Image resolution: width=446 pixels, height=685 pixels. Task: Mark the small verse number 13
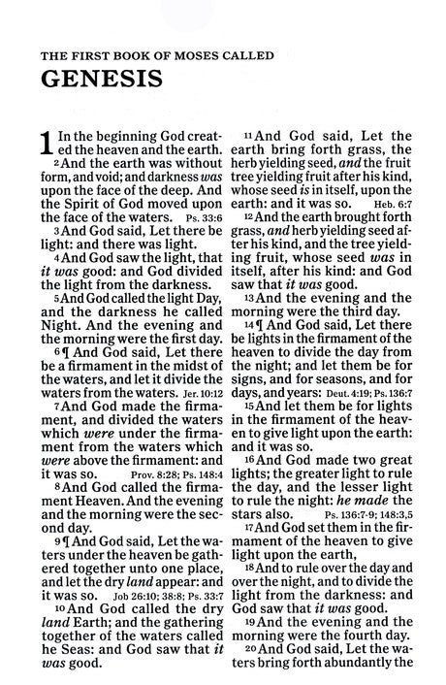(x=247, y=300)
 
